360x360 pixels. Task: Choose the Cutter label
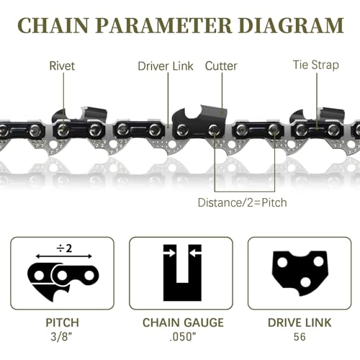click(221, 66)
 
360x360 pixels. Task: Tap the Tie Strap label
click(315, 66)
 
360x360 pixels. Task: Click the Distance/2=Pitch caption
click(242, 202)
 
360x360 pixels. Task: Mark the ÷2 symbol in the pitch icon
click(63, 248)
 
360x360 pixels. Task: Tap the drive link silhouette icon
click(299, 274)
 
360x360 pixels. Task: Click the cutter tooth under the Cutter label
click(202, 115)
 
